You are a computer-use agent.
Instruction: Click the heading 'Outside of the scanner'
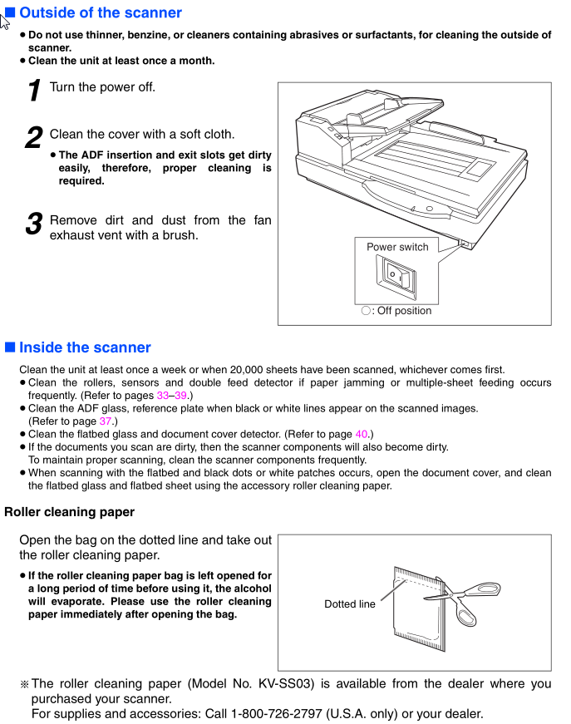[100, 12]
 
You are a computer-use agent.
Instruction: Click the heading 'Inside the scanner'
[85, 347]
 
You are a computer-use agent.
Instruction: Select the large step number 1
[34, 90]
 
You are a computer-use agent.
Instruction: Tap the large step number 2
[34, 137]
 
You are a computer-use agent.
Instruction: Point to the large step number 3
[34, 223]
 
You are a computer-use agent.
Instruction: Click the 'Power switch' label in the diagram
[397, 247]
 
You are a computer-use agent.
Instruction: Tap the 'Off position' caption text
[404, 311]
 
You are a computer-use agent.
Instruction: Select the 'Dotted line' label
[349, 604]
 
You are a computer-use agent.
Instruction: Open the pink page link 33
[162, 396]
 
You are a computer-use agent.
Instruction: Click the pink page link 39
[180, 396]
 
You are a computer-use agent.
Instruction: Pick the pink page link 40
[361, 434]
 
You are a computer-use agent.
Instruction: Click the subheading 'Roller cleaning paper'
[69, 512]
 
